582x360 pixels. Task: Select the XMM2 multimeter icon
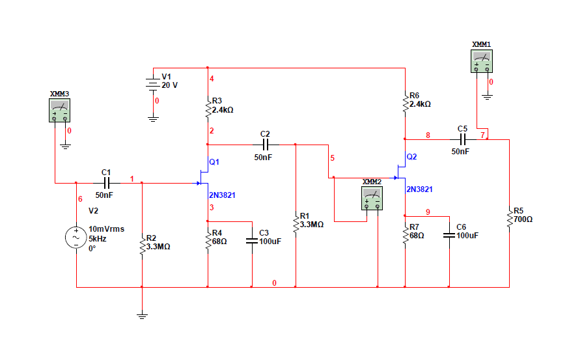coord(372,197)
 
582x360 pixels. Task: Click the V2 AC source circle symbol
coord(76,238)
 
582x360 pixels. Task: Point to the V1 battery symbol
coord(153,84)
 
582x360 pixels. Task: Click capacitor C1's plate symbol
coord(107,184)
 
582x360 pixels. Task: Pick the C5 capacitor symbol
coord(463,139)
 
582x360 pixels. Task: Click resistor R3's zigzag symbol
coord(207,106)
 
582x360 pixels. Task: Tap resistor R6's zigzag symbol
coord(405,100)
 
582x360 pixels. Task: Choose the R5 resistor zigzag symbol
coord(509,215)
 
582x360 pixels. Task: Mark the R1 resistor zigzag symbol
coord(296,221)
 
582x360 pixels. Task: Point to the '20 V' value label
coord(170,85)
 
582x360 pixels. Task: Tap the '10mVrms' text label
coord(106,229)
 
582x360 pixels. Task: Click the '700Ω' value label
coord(523,219)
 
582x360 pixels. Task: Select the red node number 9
coord(428,212)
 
